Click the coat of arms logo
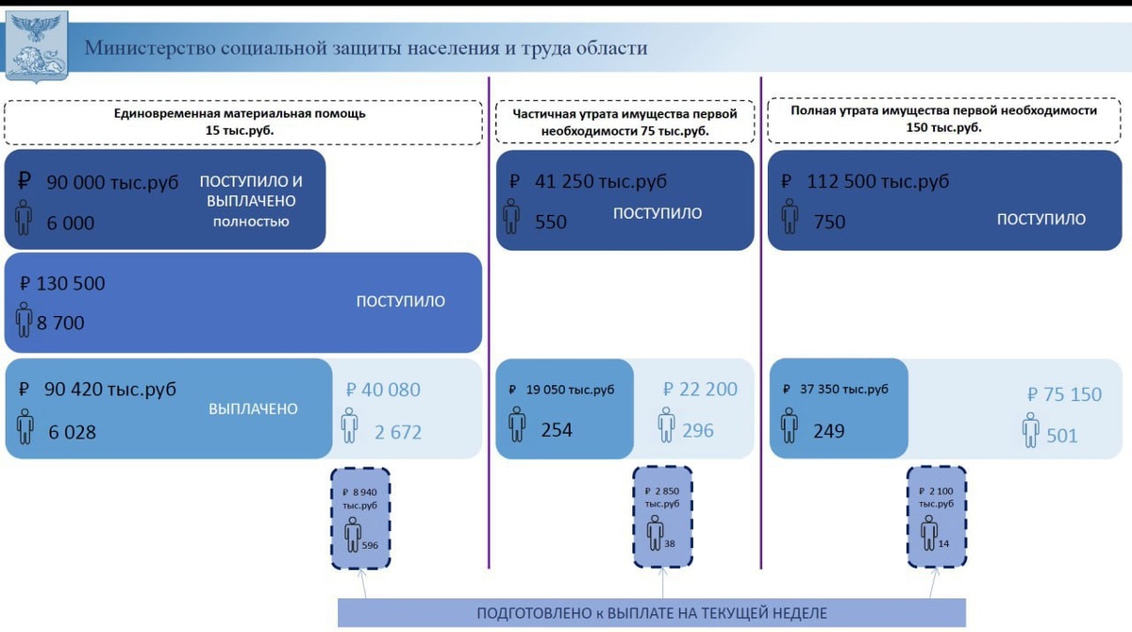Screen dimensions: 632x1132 (37, 45)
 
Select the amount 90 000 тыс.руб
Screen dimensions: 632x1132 (112, 183)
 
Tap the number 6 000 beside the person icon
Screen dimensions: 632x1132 (71, 224)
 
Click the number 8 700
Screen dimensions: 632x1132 (60, 323)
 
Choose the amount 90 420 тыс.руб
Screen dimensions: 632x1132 (110, 389)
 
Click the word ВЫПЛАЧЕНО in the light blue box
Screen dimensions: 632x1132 (253, 409)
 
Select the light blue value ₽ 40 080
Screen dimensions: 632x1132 (383, 390)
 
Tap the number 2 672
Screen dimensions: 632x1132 (397, 432)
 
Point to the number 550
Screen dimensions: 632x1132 (550, 223)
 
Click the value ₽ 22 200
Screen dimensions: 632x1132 (700, 389)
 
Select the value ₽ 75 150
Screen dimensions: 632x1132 (1064, 394)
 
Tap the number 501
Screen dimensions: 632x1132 (1061, 436)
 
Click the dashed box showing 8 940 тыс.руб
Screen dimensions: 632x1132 (360, 518)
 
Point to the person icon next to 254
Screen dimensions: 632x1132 (516, 424)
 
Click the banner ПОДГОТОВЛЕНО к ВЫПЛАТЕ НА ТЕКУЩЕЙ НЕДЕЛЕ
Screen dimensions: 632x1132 (651, 613)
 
